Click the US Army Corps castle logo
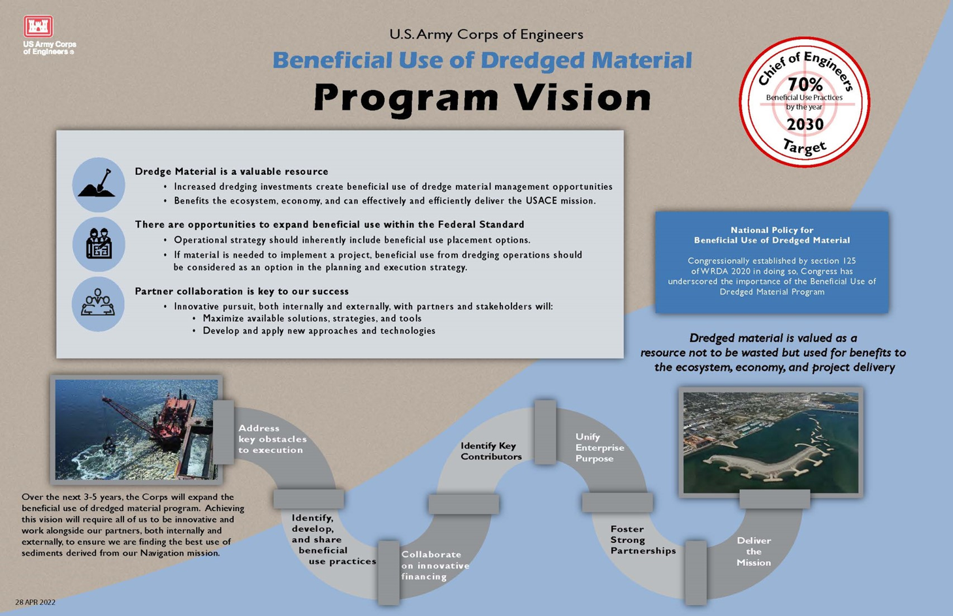click(x=39, y=27)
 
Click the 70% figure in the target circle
click(x=805, y=84)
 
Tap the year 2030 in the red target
click(x=805, y=124)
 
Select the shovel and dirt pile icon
click(x=99, y=184)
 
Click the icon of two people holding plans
click(x=99, y=244)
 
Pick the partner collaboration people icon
click(x=98, y=303)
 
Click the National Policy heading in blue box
click(x=771, y=235)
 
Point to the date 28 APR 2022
click(x=35, y=602)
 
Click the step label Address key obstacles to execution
click(x=272, y=439)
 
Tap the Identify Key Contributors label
click(x=491, y=451)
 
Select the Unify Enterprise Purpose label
click(x=599, y=448)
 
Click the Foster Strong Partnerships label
click(x=642, y=540)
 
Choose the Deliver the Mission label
click(x=754, y=551)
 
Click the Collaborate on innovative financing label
click(x=434, y=565)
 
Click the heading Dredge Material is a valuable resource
click(x=231, y=172)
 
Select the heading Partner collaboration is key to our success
click(x=242, y=291)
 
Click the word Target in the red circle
click(x=805, y=147)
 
